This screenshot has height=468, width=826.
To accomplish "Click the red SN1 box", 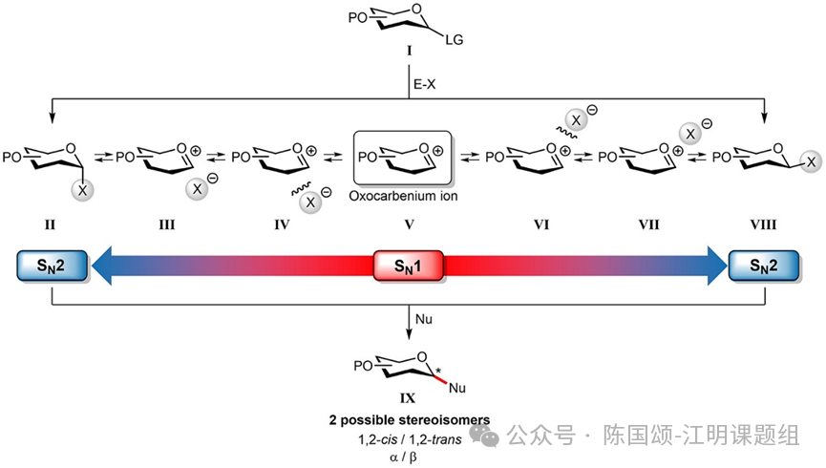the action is click(409, 266).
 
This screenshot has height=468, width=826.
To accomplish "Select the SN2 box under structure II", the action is click(52, 266).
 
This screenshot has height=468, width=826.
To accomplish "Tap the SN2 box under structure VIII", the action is click(764, 266).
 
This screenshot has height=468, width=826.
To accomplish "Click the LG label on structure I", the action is click(455, 39).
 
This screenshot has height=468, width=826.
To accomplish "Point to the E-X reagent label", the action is click(425, 84).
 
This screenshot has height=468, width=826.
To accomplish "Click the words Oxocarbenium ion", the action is click(404, 196).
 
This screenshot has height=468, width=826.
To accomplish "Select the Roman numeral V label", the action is click(409, 225).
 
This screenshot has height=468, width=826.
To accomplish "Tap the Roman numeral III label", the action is click(166, 225).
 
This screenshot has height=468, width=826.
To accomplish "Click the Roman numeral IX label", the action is click(407, 398).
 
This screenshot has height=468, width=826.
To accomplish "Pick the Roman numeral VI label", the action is click(541, 225).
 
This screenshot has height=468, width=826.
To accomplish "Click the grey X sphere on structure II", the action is click(82, 190).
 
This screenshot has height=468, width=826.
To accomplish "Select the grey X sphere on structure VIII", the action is click(812, 161).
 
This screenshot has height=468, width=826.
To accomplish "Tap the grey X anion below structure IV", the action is click(310, 202).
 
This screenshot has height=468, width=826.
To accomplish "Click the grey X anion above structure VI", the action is click(577, 120).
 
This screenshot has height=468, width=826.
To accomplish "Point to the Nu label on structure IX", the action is click(457, 389).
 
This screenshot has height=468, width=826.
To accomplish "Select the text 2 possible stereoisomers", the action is click(410, 420).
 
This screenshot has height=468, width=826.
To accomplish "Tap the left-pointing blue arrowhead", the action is click(102, 266).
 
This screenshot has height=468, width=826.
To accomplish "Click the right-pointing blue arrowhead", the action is click(717, 266).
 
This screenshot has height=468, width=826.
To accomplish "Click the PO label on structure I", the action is click(357, 18).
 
